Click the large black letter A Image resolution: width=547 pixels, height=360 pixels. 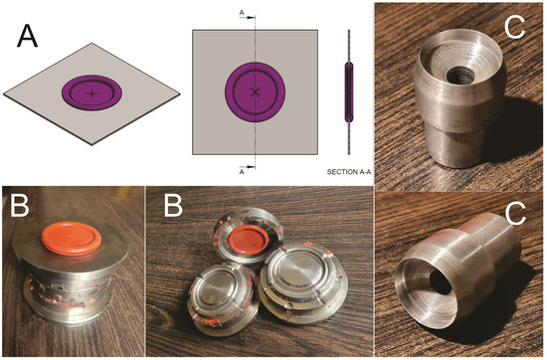(27, 36)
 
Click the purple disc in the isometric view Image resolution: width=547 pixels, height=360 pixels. (91, 92)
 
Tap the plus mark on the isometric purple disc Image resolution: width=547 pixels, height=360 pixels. (91, 93)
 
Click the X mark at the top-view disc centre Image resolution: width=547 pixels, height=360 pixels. (255, 92)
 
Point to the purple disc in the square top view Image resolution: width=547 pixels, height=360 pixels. (255, 92)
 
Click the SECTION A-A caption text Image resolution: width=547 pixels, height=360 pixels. (349, 172)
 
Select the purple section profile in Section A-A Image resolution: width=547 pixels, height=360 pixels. (349, 92)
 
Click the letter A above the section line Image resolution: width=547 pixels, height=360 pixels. (242, 13)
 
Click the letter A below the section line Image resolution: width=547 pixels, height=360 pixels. (242, 172)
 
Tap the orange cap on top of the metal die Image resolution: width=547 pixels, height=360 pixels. (72, 239)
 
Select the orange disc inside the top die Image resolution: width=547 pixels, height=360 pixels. (249, 240)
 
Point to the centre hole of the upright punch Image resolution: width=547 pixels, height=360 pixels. (457, 75)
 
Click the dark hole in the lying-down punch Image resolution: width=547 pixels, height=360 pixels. (441, 281)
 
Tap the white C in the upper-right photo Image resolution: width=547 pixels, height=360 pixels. (514, 27)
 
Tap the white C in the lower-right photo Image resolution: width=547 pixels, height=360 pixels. (515, 213)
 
